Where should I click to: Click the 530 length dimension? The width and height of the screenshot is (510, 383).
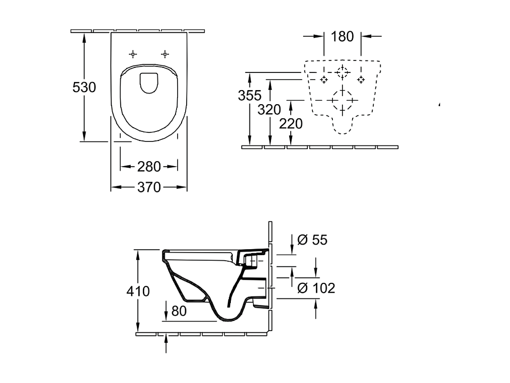tap(84, 87)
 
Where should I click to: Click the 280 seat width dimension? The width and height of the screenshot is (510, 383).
tap(149, 167)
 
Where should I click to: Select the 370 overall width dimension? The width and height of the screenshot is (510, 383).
tap(149, 187)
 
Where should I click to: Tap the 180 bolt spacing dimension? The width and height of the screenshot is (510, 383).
tap(342, 36)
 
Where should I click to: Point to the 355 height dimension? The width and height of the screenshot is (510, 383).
tap(250, 95)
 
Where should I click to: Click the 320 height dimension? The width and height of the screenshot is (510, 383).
tap(269, 110)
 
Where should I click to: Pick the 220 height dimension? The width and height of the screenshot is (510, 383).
tap(291, 124)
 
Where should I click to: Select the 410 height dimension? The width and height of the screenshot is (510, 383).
tap(138, 291)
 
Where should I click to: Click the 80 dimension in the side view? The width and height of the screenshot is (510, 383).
tap(179, 311)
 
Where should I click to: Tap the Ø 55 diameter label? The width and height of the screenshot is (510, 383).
tap(312, 240)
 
